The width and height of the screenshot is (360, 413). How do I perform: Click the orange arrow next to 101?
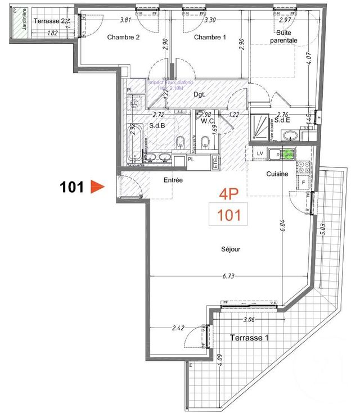[98, 187]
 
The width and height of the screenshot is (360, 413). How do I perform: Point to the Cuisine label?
[277, 174]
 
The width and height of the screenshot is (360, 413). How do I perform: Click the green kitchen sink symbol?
[287, 153]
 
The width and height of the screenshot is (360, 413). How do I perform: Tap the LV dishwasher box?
[260, 153]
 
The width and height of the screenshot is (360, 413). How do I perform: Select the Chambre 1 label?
[209, 38]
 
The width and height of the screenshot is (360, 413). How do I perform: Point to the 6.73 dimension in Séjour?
[228, 276]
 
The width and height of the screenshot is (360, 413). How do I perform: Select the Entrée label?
[173, 180]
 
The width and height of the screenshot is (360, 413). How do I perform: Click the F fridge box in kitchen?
[303, 183]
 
